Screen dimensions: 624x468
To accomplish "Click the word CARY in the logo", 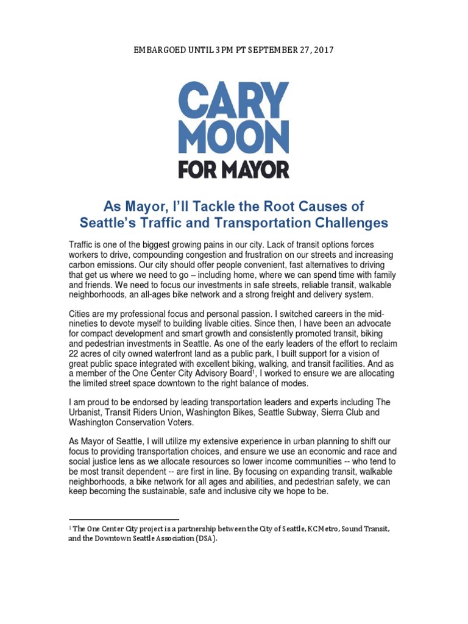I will point(233,100).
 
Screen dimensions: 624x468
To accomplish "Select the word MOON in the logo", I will point(233,138).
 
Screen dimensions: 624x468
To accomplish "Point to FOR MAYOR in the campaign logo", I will point(233,169).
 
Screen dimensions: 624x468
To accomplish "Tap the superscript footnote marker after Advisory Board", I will point(252,370).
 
